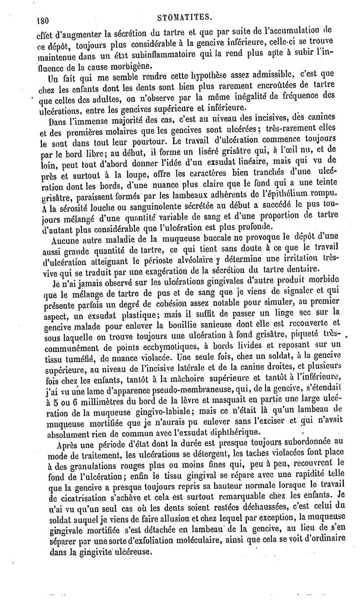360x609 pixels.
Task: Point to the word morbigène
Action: [107, 66]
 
